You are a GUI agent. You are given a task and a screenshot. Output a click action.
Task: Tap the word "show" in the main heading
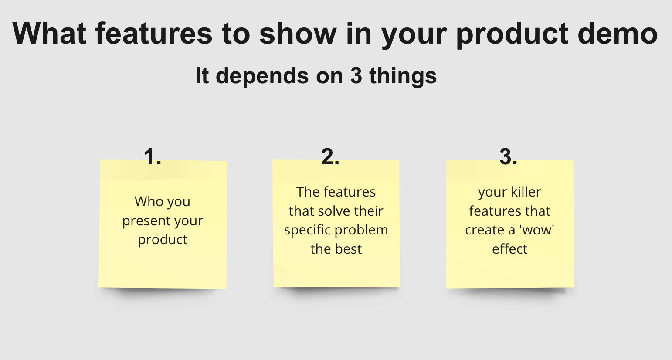point(298,34)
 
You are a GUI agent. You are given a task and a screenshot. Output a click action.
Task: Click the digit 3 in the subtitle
point(356,76)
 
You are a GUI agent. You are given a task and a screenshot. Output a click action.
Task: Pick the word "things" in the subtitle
point(403,76)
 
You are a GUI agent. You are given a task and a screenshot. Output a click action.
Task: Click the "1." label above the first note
point(153,156)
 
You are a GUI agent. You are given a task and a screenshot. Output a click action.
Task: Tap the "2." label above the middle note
point(330,156)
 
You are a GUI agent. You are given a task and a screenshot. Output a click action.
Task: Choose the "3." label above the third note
point(508,156)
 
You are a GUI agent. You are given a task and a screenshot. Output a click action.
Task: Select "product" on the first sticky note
point(163,240)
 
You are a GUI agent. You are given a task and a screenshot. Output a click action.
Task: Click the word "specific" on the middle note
point(305,231)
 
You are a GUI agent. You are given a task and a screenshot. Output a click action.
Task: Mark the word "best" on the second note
point(348,249)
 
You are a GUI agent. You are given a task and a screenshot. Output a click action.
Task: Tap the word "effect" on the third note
point(509,249)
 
